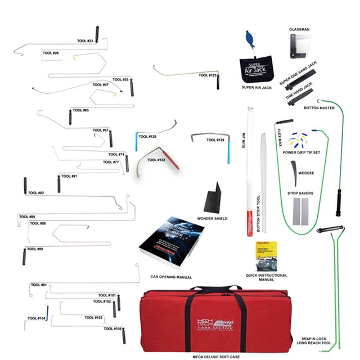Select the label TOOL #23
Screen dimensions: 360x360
point(85,41)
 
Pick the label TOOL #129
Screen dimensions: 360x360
point(216,140)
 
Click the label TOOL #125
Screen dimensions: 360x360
point(208,75)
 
